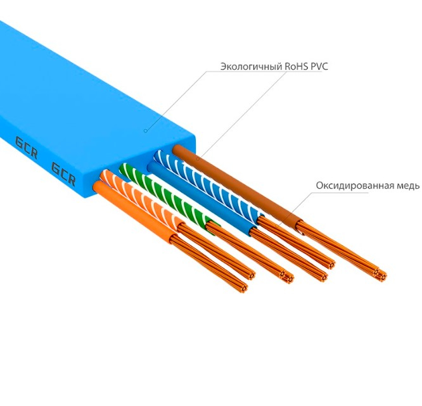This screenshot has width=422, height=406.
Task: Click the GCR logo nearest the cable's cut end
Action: tap(63, 174)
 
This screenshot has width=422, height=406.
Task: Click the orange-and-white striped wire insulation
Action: tap(152, 203)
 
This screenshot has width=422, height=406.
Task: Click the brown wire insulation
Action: tap(234, 184)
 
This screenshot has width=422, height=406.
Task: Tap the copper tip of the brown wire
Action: tap(379, 274)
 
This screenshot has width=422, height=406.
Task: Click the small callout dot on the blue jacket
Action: tap(145, 131)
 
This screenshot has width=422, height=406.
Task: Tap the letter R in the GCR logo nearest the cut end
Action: tap(72, 179)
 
